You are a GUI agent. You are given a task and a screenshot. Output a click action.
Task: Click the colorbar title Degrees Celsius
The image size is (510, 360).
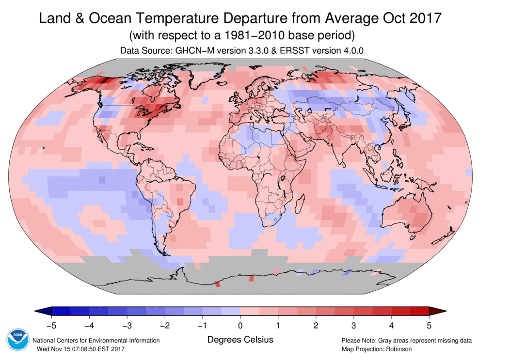pyautogui.click(x=240, y=340)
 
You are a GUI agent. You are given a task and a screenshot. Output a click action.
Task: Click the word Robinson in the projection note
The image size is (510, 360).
pyautogui.click(x=396, y=349)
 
